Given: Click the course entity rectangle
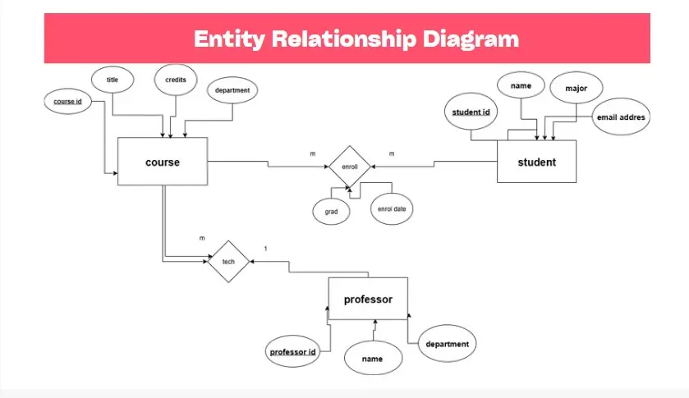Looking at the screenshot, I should [x=162, y=162].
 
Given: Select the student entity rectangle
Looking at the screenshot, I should [x=536, y=162].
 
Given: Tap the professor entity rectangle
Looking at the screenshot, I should [x=367, y=300].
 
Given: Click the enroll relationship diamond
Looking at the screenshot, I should [x=350, y=167].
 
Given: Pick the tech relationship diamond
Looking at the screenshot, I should [x=228, y=261].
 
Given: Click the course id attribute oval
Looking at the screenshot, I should [x=67, y=103].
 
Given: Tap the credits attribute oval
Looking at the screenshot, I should [x=175, y=80].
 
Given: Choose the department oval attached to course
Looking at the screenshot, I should [x=232, y=90].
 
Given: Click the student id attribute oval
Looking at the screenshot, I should [x=471, y=112].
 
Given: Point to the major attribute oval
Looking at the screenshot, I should [x=576, y=87].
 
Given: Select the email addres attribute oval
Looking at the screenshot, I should [x=621, y=117].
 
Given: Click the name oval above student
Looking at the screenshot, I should [x=521, y=85].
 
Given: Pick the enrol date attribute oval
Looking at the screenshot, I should [x=391, y=209].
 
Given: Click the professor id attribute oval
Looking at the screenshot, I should [x=293, y=352].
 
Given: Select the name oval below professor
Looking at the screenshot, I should [x=373, y=359].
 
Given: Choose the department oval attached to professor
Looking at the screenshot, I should [x=447, y=345].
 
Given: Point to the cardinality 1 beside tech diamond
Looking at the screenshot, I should [x=265, y=249].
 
